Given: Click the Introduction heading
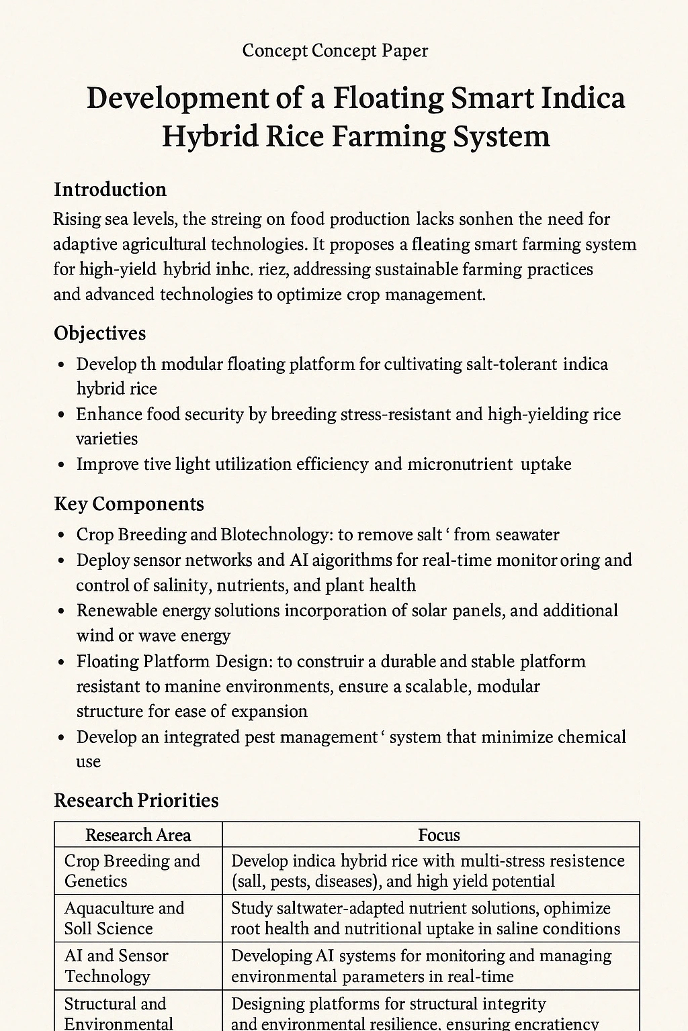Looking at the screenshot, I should click(110, 189).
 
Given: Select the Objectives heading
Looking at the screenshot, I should click(99, 333).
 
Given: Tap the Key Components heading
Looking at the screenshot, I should click(129, 504).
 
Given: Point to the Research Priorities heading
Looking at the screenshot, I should click(136, 800).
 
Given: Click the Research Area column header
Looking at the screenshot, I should click(138, 835).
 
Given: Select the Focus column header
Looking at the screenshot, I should click(439, 835).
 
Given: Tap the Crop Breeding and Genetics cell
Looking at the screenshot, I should click(132, 871).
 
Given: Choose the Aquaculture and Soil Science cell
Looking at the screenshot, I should click(124, 918).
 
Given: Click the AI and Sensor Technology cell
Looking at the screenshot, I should click(116, 966).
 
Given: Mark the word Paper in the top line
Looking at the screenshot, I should click(405, 50).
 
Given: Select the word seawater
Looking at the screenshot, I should click(525, 534).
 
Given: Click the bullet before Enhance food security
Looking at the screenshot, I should click(62, 415).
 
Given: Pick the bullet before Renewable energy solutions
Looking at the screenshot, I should click(62, 611).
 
